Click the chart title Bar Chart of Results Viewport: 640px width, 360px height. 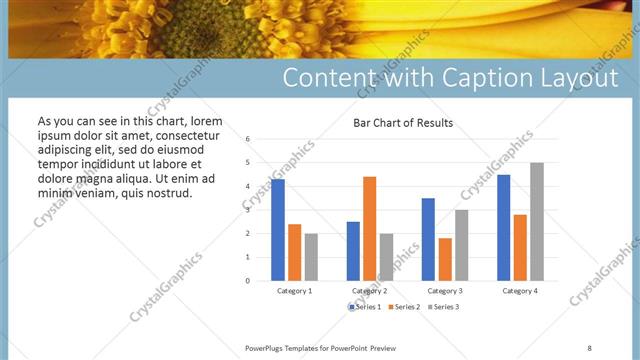[403, 123]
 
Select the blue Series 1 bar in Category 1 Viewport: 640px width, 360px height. [278, 229]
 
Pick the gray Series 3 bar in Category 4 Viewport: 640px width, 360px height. [537, 221]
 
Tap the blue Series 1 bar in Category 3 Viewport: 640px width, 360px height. [428, 239]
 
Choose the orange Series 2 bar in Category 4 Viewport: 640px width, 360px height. [520, 247]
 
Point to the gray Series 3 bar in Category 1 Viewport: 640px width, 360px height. [311, 257]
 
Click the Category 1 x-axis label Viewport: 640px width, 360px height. [294, 290]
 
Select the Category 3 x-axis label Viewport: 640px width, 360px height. [444, 290]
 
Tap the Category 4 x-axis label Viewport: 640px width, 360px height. [519, 290]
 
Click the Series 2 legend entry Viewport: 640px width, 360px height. [405, 307]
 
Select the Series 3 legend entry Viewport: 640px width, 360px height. [443, 307]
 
